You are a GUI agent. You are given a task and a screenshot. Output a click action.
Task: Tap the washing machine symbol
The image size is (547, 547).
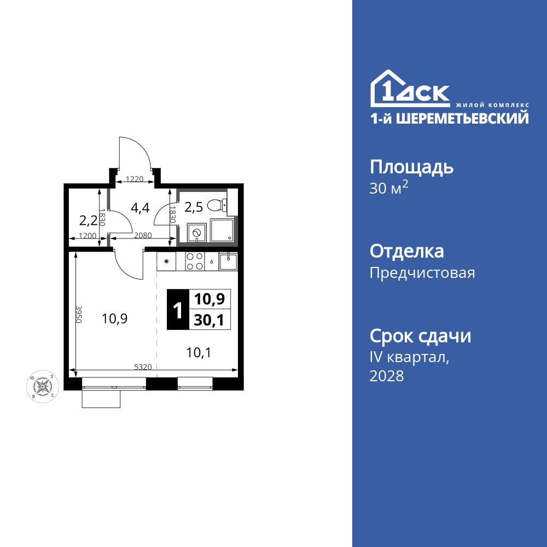point(197,232)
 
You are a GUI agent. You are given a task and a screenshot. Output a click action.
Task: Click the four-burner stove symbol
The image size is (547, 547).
point(194,261)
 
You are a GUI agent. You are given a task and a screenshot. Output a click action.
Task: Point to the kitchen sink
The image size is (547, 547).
point(228,261)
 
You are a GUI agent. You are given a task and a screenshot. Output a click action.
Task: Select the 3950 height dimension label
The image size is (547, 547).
point(79,315)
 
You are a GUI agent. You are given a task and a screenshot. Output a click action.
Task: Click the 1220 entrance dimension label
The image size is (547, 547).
point(134,179)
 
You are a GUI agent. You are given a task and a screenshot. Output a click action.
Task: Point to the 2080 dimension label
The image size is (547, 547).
point(143,236)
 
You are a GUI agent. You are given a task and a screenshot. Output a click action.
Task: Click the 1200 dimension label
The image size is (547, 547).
point(88,236)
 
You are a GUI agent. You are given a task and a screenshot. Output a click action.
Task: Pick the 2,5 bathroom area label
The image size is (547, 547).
point(193,207)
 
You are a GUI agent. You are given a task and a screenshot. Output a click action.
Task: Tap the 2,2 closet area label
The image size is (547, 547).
point(88,220)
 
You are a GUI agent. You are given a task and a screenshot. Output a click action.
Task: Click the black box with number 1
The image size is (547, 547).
point(177,310)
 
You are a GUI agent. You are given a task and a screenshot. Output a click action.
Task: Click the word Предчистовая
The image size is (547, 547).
point(422,273)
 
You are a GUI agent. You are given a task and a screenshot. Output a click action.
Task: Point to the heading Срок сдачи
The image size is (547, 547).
point(420,336)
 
